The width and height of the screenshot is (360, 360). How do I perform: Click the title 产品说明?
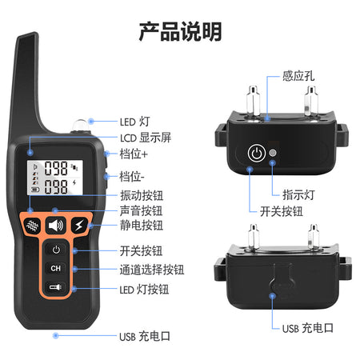(180, 31)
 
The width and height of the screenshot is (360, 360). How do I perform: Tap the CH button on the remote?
(55, 268)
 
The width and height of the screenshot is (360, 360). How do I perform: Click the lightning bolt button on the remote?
(79, 226)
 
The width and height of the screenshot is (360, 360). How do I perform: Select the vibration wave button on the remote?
(32, 226)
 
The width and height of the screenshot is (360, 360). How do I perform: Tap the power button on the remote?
(56, 250)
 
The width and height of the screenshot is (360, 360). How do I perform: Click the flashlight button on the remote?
(55, 287)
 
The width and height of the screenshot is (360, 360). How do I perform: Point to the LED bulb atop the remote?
(81, 126)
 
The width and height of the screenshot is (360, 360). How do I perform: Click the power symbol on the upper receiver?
(257, 154)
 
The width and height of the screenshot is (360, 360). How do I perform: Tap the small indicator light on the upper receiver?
(273, 153)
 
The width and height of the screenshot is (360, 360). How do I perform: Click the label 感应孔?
(298, 76)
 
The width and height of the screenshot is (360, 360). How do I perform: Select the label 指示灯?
(298, 194)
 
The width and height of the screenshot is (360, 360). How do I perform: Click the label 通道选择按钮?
(152, 270)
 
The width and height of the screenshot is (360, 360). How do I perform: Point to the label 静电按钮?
(142, 226)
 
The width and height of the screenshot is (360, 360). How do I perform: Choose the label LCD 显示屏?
(146, 138)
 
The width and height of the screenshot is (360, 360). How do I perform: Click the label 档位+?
(134, 154)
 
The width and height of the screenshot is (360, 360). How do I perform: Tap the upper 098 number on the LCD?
(56, 168)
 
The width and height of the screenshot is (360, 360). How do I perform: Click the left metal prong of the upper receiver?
(253, 101)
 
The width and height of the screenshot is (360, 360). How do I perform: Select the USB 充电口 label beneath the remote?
(145, 336)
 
